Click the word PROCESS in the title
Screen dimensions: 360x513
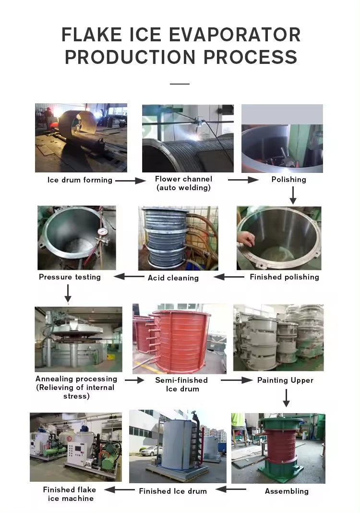point(250,57)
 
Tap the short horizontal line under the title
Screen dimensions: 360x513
point(180,84)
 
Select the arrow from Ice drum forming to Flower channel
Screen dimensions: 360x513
point(130,180)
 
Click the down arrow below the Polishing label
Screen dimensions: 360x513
point(293,195)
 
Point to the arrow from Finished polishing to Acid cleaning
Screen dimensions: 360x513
point(229,277)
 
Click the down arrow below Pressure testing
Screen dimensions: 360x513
point(68,293)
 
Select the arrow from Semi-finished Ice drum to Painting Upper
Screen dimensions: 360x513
point(237,380)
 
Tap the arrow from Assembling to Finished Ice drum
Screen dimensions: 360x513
point(231,489)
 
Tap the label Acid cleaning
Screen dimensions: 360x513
point(173,278)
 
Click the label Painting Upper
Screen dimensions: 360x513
point(285,380)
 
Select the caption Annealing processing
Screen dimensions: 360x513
point(76,379)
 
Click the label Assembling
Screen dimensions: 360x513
point(287,491)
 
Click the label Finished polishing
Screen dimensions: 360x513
point(284,277)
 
